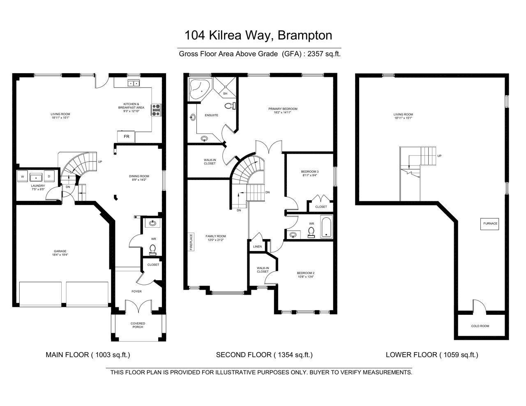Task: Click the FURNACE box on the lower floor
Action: point(489,224)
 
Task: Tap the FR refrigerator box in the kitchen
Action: point(126,137)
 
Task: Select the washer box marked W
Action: point(23,176)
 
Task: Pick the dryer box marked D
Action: point(49,176)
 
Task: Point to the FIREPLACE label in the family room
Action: point(191,242)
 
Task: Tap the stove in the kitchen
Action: point(156,110)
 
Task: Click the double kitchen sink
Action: point(134,83)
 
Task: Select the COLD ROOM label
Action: point(480,326)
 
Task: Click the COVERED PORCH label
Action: point(138,325)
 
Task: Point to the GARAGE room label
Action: point(60,251)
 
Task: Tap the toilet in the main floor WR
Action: point(152,250)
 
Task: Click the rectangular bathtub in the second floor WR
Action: point(326,227)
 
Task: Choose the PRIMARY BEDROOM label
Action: point(283,109)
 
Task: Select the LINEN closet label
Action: point(257,247)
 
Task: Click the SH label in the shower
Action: point(225,93)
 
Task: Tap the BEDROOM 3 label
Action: point(310,171)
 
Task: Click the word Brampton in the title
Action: point(305,35)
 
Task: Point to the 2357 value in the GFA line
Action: point(315,54)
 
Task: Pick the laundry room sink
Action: point(36,177)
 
